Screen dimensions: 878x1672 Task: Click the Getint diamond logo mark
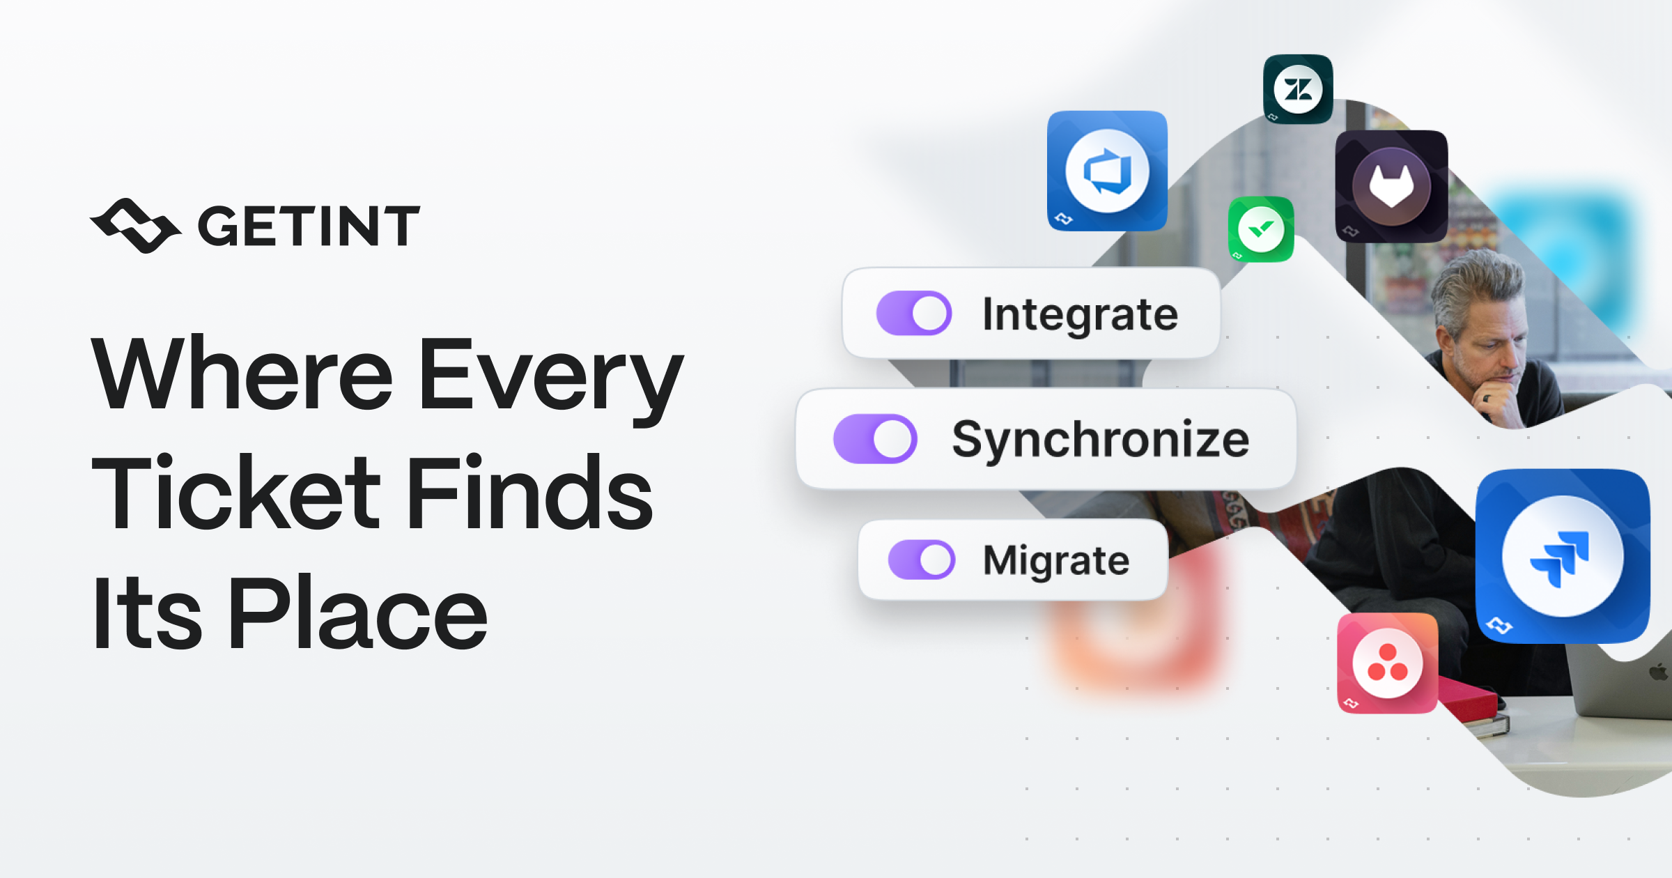135,225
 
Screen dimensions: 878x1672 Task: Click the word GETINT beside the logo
309,226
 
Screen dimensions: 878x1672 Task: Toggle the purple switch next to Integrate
913,313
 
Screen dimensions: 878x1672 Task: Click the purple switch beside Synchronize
875,439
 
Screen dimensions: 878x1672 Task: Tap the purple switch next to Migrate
921,560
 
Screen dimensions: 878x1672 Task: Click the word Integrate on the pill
1080,315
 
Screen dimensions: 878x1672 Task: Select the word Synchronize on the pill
1101,440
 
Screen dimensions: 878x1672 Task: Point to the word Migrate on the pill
1056,561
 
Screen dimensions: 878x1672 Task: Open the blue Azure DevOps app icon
1107,171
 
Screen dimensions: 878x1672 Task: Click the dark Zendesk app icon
1298,89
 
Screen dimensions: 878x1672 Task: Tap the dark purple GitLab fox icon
1391,186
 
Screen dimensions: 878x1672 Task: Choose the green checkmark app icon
1261,229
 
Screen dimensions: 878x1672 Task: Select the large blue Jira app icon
1563,555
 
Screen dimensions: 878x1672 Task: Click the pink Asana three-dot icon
1387,663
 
